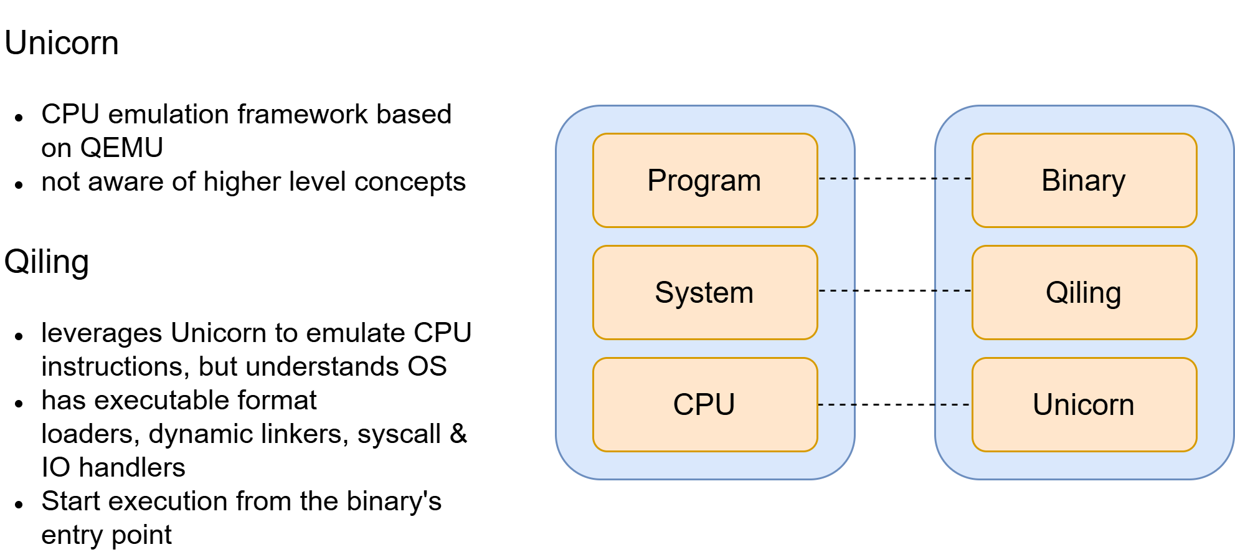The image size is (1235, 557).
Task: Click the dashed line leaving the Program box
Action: pos(836,179)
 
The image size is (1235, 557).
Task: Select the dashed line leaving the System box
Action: pos(836,291)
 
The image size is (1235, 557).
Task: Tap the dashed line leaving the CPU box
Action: pos(836,405)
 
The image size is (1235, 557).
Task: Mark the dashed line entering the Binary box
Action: pos(953,179)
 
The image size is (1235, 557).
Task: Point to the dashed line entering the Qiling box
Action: pos(953,291)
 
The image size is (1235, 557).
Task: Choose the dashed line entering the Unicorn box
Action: pos(953,405)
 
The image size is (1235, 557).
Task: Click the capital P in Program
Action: pos(657,181)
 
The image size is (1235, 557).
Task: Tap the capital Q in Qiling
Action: pos(1057,293)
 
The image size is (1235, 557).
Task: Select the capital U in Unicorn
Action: pos(1043,405)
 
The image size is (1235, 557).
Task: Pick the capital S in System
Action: pos(665,293)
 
